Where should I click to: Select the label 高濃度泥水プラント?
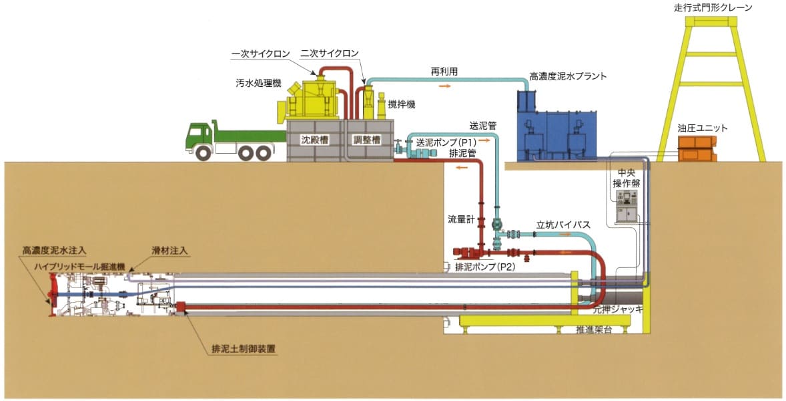point(568,76)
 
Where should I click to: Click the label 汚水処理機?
point(258,84)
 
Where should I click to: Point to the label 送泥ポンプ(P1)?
point(445,142)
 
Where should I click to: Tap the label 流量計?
point(461,219)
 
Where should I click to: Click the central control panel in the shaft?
point(627,204)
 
